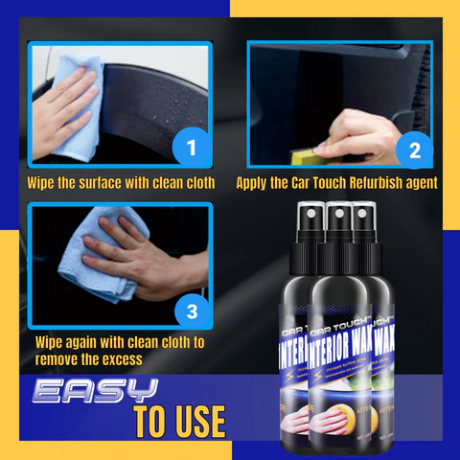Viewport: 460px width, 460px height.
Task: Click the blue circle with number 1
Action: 191,148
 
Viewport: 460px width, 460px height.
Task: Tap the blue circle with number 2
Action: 414,149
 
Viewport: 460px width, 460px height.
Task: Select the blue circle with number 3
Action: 192,310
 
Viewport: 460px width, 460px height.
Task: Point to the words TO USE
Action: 179,422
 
